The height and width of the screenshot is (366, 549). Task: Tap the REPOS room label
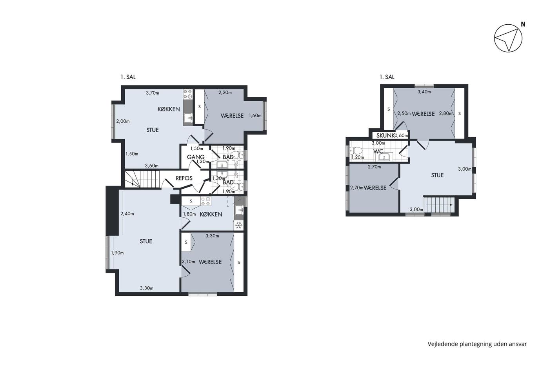[x=184, y=178]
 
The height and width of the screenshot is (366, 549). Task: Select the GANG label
[x=196, y=157]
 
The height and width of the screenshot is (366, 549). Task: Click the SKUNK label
[x=385, y=136]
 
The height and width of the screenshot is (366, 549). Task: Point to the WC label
[x=378, y=151]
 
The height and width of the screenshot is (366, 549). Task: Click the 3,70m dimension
[x=153, y=93]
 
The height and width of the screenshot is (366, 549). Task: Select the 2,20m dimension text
[x=225, y=93]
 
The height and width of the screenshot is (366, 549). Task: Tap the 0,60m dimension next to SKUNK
[x=401, y=136]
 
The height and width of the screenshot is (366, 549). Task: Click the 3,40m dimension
[x=424, y=92]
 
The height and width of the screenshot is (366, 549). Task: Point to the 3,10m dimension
[x=189, y=262]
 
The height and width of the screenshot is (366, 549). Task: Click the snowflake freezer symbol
[x=239, y=225]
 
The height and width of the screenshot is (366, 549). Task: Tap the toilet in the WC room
[x=356, y=150]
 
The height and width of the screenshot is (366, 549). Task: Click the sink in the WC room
[x=385, y=157]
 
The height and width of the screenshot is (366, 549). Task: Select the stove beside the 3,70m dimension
[x=188, y=94]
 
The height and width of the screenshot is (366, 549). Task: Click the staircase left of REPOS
[x=142, y=179]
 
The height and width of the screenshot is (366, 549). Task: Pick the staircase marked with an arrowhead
[x=439, y=204]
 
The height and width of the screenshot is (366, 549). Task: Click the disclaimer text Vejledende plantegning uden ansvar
[x=477, y=344]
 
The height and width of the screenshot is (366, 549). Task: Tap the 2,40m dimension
[x=127, y=213]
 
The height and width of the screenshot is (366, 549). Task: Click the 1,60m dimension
[x=255, y=115]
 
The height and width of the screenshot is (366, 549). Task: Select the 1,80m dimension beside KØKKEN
[x=189, y=214]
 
